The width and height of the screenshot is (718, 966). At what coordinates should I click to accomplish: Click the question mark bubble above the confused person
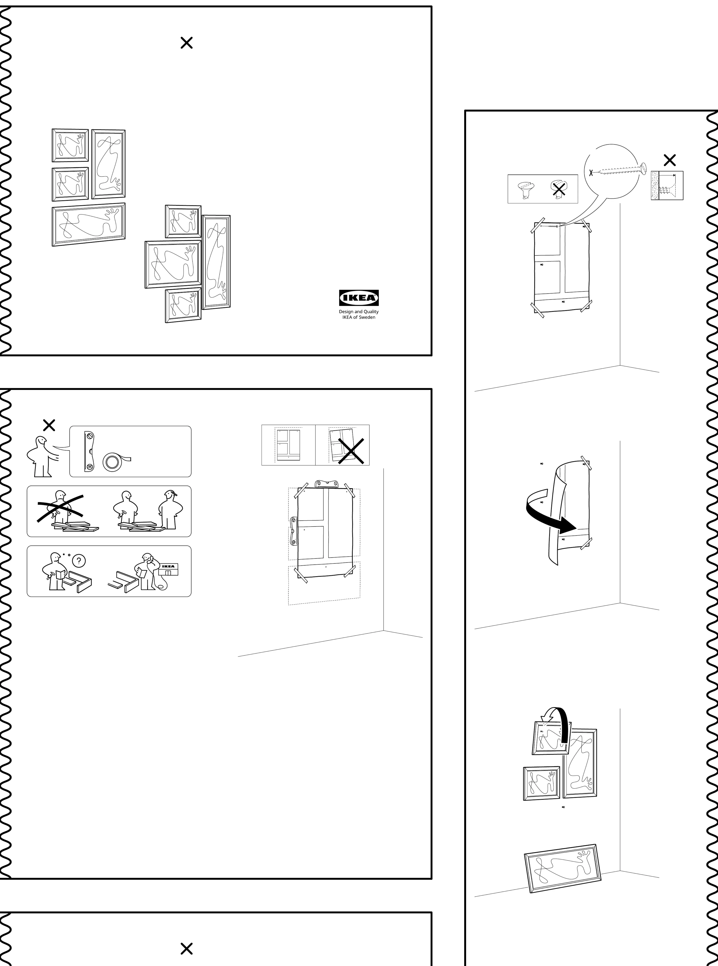79,561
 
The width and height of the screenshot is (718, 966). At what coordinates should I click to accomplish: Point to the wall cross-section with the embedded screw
667,185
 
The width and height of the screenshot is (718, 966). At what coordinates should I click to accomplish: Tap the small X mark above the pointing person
49,425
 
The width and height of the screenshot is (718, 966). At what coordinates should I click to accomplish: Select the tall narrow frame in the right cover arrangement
216,262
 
